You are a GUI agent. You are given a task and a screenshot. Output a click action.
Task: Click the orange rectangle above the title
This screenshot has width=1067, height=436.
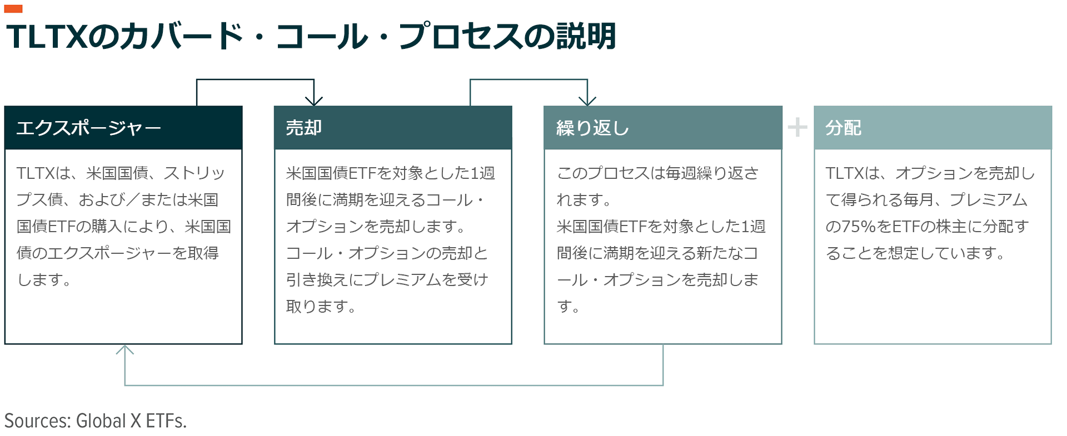point(13,8)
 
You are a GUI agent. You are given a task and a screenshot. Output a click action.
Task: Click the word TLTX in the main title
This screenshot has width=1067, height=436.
point(47,37)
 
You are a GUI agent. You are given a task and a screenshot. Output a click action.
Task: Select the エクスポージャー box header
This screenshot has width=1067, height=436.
point(123,128)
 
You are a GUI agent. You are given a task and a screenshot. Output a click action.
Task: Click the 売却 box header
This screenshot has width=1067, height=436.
point(393,128)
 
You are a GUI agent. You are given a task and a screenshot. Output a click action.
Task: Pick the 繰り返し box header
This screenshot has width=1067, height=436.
point(663,128)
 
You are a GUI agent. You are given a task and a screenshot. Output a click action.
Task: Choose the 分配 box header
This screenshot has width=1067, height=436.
point(933,128)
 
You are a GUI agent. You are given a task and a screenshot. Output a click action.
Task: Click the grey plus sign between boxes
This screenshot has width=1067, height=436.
point(797,127)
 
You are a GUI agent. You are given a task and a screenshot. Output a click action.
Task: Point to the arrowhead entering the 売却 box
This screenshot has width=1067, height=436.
point(314,101)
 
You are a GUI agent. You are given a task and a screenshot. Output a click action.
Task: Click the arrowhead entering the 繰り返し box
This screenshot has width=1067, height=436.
point(587,101)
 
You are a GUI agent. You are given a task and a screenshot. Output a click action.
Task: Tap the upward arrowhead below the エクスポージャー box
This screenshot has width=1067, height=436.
point(124,349)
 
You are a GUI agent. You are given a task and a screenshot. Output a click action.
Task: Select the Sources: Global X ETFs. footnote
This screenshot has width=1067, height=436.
point(96,421)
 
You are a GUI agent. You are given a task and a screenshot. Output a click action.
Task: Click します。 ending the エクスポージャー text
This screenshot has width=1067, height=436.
point(44,280)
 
